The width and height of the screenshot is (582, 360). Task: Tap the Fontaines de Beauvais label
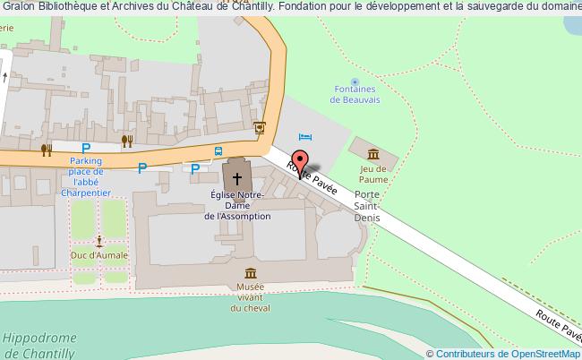pyautogui.click(x=353, y=95)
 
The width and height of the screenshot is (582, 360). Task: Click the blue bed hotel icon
pyautogui.click(x=306, y=136)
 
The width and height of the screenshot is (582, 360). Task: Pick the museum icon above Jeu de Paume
pyautogui.click(x=372, y=155)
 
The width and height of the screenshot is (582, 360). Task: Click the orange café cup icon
pyautogui.click(x=260, y=127)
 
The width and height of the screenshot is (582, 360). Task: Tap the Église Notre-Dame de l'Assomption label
pyautogui.click(x=236, y=205)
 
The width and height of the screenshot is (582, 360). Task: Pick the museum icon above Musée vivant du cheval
pyautogui.click(x=250, y=273)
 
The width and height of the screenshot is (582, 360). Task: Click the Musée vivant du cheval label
pyautogui.click(x=250, y=297)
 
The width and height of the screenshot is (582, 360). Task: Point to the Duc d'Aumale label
pyautogui.click(x=99, y=256)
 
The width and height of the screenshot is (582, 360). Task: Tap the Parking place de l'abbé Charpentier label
pyautogui.click(x=87, y=176)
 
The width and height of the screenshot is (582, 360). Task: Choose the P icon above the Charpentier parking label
pyautogui.click(x=86, y=149)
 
